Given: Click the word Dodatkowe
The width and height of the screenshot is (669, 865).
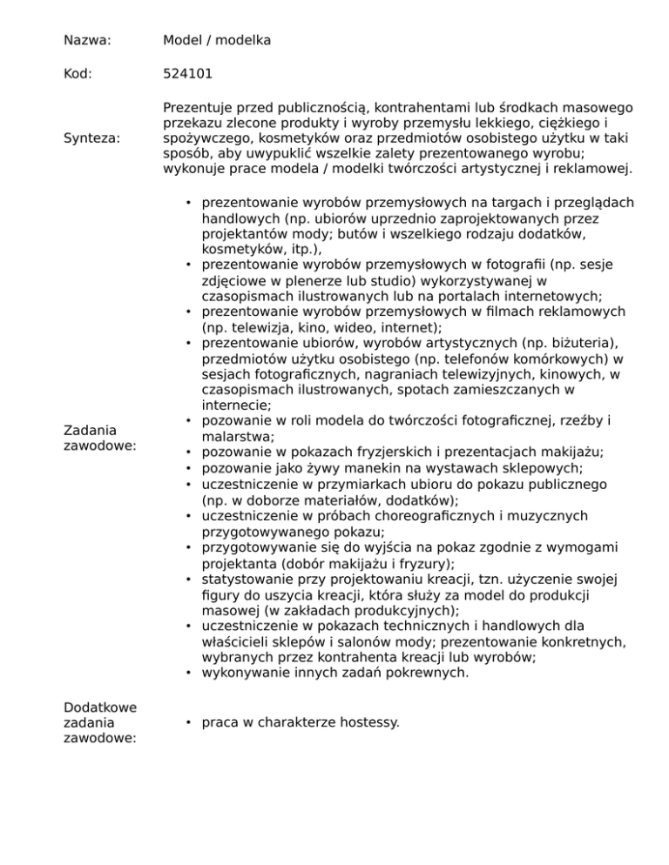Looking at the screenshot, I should coord(99,706).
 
